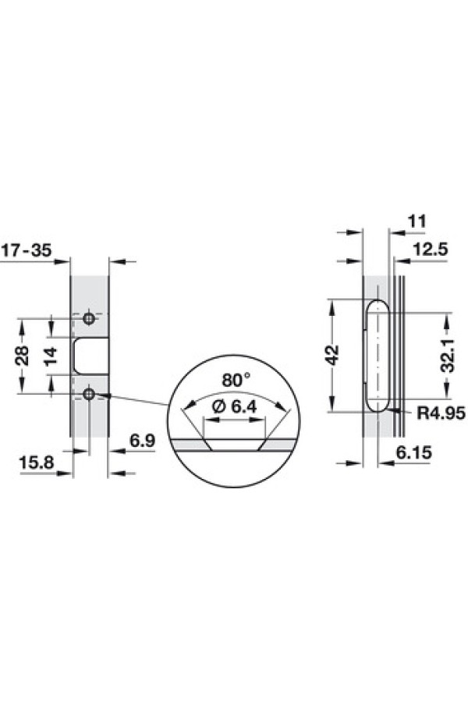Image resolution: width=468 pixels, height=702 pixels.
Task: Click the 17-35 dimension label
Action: click(27, 250)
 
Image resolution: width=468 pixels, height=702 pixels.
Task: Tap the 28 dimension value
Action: click(22, 356)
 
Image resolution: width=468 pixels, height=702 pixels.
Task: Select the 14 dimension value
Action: click(51, 356)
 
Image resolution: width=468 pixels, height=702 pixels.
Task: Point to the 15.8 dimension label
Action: click(37, 463)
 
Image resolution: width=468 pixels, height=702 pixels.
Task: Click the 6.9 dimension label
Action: click(142, 441)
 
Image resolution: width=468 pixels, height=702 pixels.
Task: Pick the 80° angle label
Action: click(236, 380)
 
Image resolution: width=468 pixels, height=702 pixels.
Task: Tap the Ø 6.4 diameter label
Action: click(234, 407)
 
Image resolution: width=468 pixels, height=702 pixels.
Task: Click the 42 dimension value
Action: click(333, 355)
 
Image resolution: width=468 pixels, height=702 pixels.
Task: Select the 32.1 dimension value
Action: click(448, 355)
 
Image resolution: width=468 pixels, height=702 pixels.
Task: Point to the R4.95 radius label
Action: click(441, 413)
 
